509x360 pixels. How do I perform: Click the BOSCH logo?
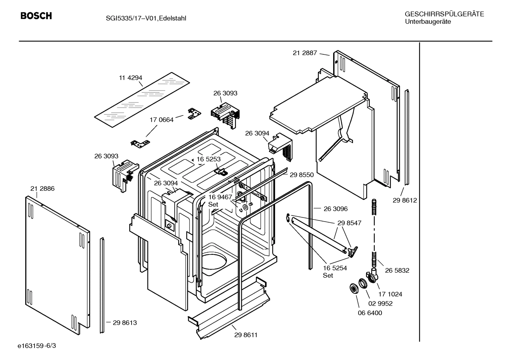tap(36, 16)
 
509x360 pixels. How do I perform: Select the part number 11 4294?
tap(130, 78)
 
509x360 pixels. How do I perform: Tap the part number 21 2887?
tap(305, 53)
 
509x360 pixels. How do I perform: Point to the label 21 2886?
tap(42, 189)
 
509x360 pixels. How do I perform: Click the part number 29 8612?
tap(405, 200)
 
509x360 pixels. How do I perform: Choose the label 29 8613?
tap(125, 323)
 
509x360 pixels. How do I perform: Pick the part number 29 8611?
tap(246, 335)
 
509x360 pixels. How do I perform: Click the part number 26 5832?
tap(397, 270)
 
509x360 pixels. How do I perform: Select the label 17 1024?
tap(390, 294)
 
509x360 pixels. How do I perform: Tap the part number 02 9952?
tap(380, 303)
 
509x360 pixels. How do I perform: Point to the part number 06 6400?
tap(370, 313)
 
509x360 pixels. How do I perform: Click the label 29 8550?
tap(301, 175)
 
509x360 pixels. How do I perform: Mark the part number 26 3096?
tap(335, 209)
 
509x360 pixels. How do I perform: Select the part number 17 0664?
tap(162, 120)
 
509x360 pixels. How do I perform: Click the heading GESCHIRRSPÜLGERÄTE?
tap(444, 14)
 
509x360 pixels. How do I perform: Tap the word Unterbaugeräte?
tap(427, 22)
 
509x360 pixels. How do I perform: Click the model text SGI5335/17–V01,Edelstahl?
tap(141, 18)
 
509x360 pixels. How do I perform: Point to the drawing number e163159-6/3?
tap(36, 346)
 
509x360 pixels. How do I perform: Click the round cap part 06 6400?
tap(352, 288)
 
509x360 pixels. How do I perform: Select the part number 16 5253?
tap(208, 159)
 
